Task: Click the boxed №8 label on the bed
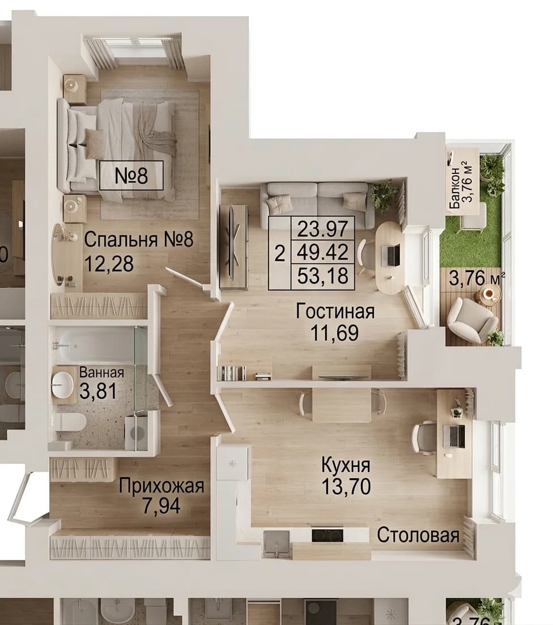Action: (131, 176)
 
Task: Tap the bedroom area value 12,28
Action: (109, 263)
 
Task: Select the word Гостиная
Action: (335, 311)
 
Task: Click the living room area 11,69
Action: (334, 333)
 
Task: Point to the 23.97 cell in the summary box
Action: (323, 228)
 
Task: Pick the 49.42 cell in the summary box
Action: (323, 252)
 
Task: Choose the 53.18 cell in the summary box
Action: (323, 276)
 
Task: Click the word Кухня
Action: (346, 465)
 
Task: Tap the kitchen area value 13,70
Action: (346, 486)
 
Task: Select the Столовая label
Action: (418, 535)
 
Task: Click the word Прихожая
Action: (161, 486)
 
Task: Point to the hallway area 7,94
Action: (161, 506)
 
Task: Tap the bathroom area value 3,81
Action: (98, 391)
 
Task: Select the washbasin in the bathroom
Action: (62, 385)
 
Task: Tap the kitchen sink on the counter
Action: (276, 543)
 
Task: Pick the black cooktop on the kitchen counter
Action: (327, 534)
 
